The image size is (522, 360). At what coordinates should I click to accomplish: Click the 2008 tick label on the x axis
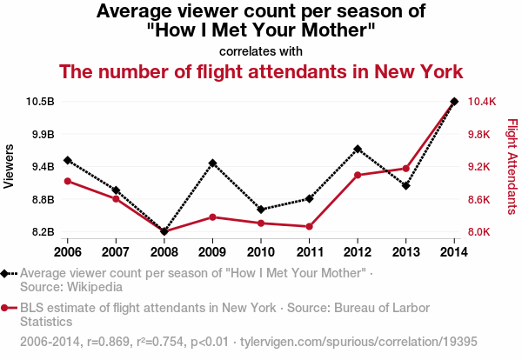pos(164,251)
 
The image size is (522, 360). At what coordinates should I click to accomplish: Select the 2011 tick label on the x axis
pos(309,251)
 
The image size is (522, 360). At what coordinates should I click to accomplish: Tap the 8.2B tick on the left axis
pos(42,232)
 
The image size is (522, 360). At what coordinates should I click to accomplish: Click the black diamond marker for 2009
pos(212,163)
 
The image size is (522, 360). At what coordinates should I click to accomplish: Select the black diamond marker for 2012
pos(358,149)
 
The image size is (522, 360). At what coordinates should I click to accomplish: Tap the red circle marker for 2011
pos(309,227)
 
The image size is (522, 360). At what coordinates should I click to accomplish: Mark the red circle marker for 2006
pos(67,181)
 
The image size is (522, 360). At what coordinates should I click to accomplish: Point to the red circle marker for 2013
pos(405,169)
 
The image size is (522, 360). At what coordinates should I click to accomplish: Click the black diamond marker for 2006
pos(67,160)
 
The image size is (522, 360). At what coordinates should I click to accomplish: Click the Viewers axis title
pos(10,166)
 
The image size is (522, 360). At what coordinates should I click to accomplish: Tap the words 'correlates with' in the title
pos(261,50)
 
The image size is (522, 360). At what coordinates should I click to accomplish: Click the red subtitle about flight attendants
pos(261,71)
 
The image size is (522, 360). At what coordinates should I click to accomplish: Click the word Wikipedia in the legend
pos(87,286)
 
